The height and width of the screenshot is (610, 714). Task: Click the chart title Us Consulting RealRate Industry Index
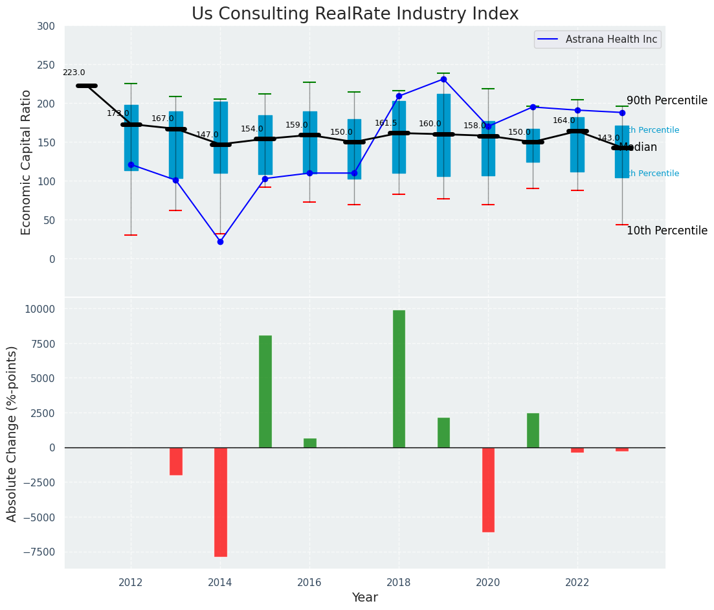pyautogui.click(x=355, y=14)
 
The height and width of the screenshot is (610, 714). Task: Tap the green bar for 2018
pyautogui.click(x=399, y=379)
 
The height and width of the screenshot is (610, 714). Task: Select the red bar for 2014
pyautogui.click(x=220, y=502)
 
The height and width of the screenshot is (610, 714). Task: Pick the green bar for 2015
pyautogui.click(x=265, y=391)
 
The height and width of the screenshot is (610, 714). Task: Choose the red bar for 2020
pyautogui.click(x=488, y=490)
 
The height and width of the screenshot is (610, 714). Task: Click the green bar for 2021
pyautogui.click(x=533, y=430)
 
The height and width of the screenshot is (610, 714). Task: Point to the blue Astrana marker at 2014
pyautogui.click(x=220, y=242)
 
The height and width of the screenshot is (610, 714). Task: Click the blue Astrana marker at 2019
pyautogui.click(x=443, y=79)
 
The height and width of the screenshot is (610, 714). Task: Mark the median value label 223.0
pyautogui.click(x=74, y=73)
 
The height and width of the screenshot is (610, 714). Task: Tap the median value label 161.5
pyautogui.click(x=386, y=123)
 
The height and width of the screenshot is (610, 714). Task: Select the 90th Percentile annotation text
pyautogui.click(x=667, y=101)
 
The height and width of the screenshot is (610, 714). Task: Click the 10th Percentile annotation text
pyautogui.click(x=667, y=231)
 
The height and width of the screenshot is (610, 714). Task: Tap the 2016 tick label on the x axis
pyautogui.click(x=309, y=582)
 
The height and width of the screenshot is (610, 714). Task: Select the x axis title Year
pyautogui.click(x=364, y=598)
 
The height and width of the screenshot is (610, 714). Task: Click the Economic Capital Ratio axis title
pyautogui.click(x=27, y=162)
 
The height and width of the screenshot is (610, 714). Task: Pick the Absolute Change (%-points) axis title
pyautogui.click(x=12, y=433)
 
